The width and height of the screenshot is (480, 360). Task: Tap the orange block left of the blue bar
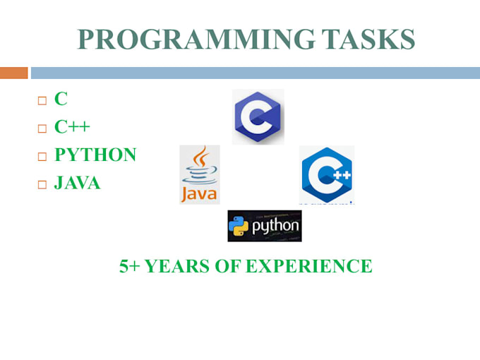point(13,73)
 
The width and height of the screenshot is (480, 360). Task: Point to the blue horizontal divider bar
point(254,73)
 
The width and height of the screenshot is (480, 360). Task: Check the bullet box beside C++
point(42,128)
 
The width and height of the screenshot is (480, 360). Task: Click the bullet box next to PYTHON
point(42,157)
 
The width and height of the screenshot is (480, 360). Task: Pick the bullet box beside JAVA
point(42,185)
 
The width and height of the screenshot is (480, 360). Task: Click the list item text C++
point(73,128)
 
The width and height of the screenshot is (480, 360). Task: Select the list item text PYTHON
point(95,155)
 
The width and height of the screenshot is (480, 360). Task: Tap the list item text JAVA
point(78,184)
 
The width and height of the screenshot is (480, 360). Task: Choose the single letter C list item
point(61,100)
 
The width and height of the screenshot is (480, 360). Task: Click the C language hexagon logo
point(258,117)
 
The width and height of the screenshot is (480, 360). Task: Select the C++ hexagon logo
point(326,174)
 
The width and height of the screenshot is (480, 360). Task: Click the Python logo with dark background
point(265,226)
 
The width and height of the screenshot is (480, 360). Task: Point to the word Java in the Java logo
point(200,193)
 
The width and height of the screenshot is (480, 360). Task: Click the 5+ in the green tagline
point(130,266)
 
